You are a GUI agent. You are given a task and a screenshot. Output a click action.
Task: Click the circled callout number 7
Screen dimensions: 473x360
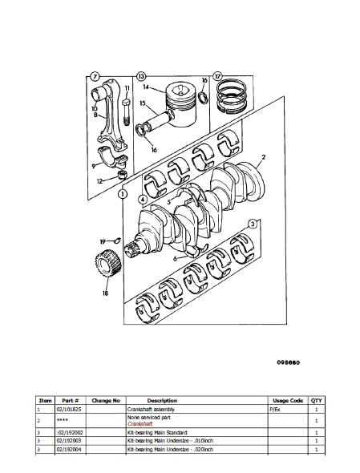pyautogui.click(x=96, y=77)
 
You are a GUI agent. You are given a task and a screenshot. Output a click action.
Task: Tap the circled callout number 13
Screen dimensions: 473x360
pyautogui.click(x=140, y=77)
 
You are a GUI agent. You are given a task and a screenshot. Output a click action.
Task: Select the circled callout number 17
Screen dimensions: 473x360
pyautogui.click(x=216, y=77)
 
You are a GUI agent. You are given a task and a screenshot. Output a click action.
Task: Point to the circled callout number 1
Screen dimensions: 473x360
pyautogui.click(x=122, y=193)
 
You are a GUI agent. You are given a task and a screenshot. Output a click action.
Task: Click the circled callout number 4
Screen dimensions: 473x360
pyautogui.click(x=141, y=199)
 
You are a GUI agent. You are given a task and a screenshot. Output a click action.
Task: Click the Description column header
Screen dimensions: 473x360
pyautogui.click(x=162, y=400)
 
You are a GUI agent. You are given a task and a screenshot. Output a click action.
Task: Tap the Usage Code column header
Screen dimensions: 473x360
pyautogui.click(x=286, y=400)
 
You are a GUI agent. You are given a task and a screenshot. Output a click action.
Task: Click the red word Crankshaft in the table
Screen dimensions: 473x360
pyautogui.click(x=140, y=422)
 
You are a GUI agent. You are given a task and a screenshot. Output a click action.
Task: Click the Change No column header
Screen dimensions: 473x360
pyautogui.click(x=106, y=400)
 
